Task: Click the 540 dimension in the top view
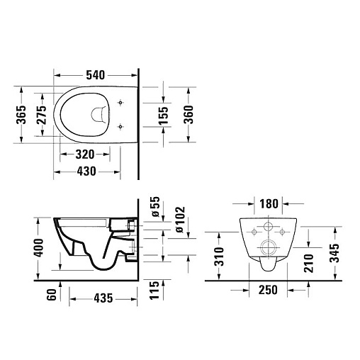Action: [95, 75]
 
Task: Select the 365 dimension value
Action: [21, 115]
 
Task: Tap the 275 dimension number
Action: [42, 115]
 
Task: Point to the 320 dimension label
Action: [85, 154]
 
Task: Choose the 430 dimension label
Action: [86, 171]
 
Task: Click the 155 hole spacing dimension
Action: [164, 116]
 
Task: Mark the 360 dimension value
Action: [189, 115]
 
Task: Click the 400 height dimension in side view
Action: [38, 248]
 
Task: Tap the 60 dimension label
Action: [52, 294]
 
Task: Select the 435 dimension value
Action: [103, 298]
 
